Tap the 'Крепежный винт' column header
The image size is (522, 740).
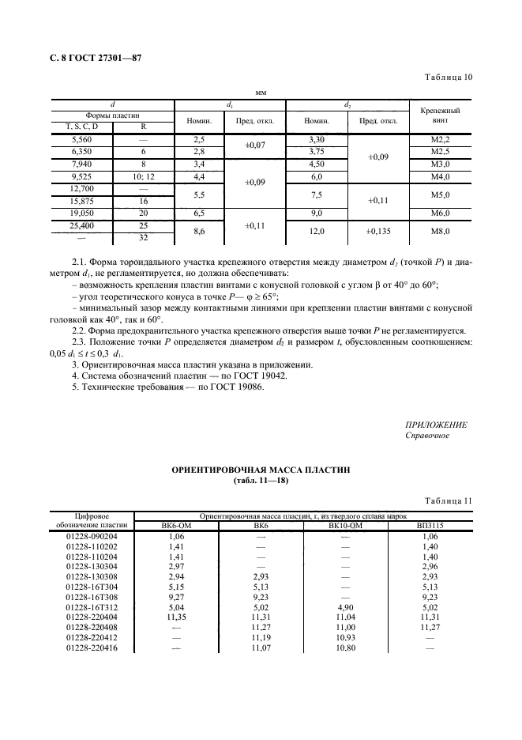[440, 117]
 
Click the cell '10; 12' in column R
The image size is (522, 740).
[143, 176]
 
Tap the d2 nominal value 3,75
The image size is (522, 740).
[317, 152]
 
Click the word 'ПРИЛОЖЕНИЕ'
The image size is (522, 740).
[435, 425]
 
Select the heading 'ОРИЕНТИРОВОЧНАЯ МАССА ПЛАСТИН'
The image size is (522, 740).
[261, 470]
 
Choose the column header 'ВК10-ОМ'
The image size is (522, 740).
[344, 525]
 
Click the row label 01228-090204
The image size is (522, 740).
[92, 536]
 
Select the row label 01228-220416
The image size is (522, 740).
[92, 647]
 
